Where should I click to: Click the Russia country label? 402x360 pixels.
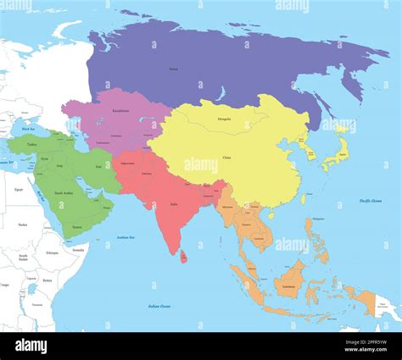[174, 69]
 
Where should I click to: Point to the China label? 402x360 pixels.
[226, 158]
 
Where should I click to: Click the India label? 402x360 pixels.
[174, 204]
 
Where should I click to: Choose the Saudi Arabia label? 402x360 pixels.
[64, 193]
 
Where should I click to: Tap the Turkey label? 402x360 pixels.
[32, 145]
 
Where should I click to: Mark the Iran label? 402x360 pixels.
[97, 168]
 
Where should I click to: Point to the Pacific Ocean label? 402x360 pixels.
[370, 201]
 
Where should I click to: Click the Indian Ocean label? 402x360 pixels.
[159, 306]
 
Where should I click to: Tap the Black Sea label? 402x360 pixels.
[28, 129]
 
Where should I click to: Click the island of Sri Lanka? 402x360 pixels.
[184, 255]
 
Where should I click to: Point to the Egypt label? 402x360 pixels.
[19, 190]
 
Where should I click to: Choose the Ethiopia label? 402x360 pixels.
[53, 252]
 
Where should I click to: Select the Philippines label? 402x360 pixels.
[318, 219]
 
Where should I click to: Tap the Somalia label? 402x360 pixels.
[78, 250]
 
